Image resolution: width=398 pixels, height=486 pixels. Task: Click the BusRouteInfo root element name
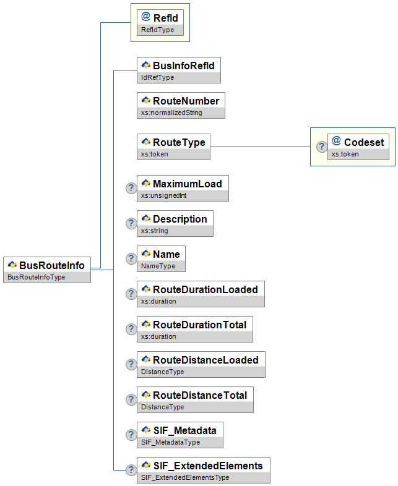[x=52, y=265]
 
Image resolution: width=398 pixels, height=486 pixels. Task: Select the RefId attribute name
[x=166, y=18]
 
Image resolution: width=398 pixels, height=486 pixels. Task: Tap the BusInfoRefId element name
[x=184, y=66]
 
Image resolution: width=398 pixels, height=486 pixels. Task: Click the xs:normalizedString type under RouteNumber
[x=171, y=113]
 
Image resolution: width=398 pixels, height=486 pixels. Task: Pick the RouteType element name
[x=179, y=142]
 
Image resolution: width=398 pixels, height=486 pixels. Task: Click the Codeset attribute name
[x=364, y=142]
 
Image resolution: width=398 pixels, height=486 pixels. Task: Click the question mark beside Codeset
[x=322, y=147]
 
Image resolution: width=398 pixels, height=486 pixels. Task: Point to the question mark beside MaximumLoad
[x=131, y=188]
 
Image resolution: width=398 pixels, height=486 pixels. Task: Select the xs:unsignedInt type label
[x=164, y=195]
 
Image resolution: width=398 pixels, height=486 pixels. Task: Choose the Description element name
[x=180, y=219]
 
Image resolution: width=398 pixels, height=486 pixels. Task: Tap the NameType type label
[x=158, y=266]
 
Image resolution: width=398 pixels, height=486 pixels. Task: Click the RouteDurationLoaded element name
[x=205, y=289]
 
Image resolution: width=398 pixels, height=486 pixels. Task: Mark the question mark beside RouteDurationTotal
[x=131, y=329]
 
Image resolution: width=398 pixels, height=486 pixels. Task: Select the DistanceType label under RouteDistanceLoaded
[x=163, y=372]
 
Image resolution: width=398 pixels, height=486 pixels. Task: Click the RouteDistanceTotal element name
[x=200, y=395]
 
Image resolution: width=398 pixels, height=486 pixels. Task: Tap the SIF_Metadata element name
[x=185, y=430]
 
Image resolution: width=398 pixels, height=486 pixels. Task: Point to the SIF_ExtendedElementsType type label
[x=185, y=477]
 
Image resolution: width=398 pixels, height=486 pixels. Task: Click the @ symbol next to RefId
[x=146, y=17]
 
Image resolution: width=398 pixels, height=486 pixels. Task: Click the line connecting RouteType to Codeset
[x=260, y=147]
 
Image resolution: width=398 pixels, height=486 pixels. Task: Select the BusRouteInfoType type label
[x=37, y=277]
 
